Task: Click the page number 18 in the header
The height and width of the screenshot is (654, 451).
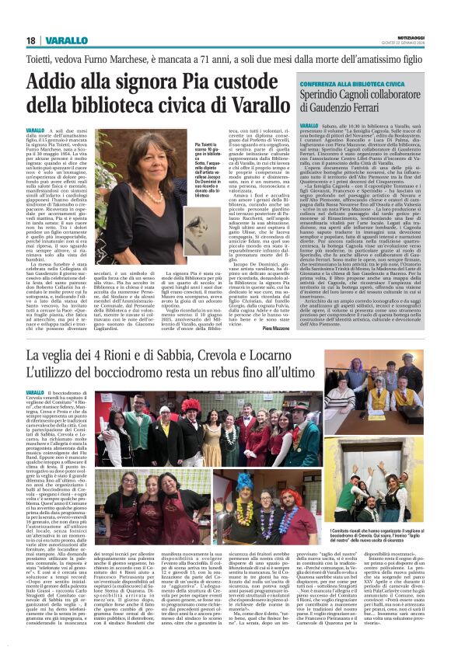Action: click(x=30, y=40)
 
